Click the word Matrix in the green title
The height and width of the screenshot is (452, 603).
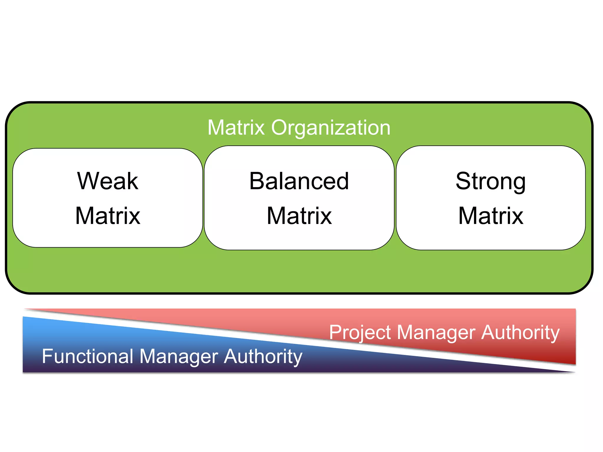pos(236,128)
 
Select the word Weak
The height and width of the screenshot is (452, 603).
pos(108,181)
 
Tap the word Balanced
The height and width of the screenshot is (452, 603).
pos(299,181)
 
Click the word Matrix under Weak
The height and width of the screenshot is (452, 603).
pos(108,216)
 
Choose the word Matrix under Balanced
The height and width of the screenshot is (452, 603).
pos(299,216)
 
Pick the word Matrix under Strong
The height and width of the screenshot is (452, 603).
pos(491,216)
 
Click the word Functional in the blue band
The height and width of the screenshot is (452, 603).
pos(87,356)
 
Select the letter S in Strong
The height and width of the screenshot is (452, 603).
pos(464,181)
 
